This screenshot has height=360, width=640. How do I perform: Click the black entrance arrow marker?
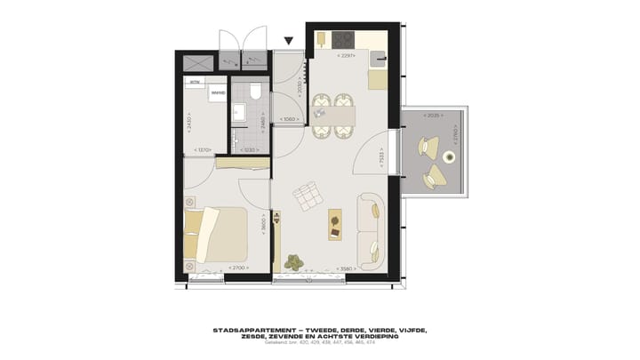(288, 41)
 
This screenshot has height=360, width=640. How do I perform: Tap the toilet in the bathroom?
(254, 92)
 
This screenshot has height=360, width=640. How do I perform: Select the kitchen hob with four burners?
(343, 40)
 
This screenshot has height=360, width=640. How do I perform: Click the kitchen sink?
(379, 60)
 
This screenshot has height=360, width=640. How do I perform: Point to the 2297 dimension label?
(347, 56)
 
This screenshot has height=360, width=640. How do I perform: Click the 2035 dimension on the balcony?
(433, 116)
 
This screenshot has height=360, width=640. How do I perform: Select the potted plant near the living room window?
(294, 261)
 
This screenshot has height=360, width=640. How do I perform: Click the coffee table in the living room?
(335, 223)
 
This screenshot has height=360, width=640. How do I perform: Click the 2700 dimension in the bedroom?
(237, 268)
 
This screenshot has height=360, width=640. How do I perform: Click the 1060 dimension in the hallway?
(288, 119)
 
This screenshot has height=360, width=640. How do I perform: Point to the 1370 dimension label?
(204, 150)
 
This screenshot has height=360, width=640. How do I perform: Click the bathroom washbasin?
(237, 112)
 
